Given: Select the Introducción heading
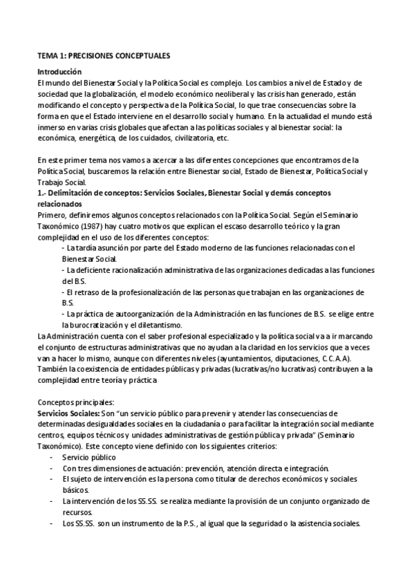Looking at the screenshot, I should coord(59,72).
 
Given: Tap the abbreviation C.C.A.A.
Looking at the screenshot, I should coord(336,358).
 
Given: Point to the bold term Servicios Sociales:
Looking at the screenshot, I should coord(68,413).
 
